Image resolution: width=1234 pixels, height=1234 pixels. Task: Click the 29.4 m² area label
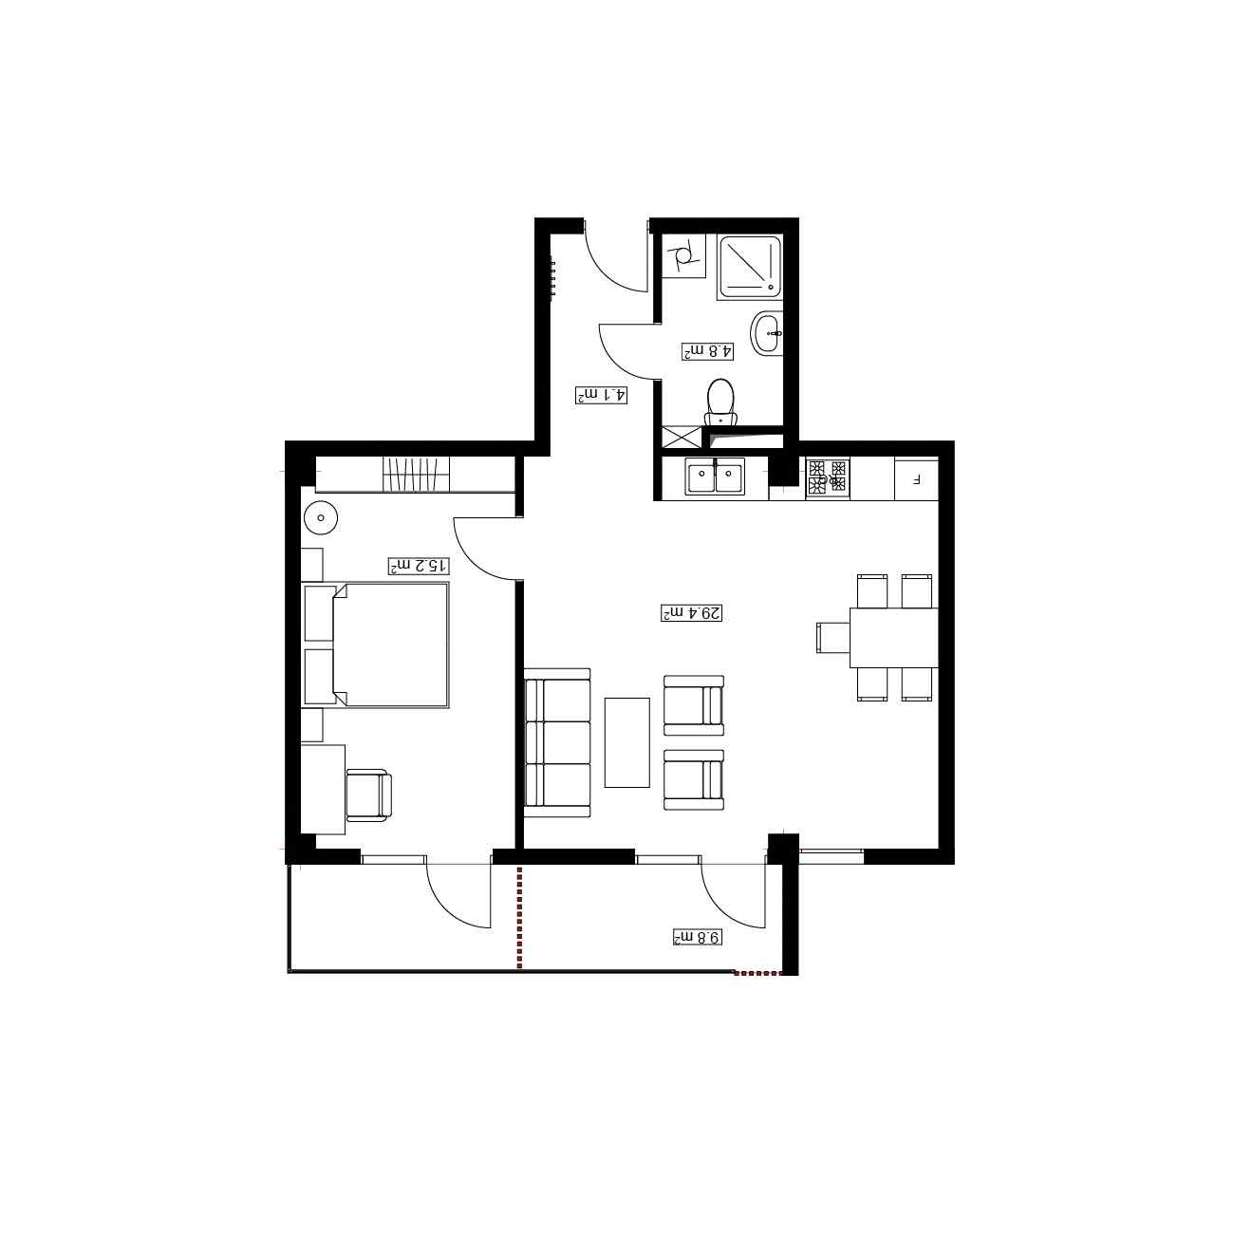(692, 613)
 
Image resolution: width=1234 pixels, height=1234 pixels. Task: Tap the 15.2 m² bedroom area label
(419, 566)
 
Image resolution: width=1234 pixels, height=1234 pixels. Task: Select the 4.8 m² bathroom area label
(707, 351)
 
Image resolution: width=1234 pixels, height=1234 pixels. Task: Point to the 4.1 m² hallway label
(601, 395)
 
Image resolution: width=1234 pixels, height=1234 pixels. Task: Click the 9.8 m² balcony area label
(698, 937)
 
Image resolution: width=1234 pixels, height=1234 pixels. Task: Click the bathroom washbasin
(766, 333)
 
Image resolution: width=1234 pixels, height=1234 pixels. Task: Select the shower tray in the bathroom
(750, 267)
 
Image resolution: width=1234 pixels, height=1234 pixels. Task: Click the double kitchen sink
(716, 477)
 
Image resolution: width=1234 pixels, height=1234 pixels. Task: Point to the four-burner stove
(828, 477)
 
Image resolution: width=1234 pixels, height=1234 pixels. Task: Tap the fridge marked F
(916, 479)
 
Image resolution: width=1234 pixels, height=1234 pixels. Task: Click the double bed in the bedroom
(375, 645)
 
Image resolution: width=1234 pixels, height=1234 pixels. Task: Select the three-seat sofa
(556, 743)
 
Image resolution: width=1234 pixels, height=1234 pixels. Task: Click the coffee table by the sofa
(626, 743)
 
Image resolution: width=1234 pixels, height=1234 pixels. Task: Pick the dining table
(893, 638)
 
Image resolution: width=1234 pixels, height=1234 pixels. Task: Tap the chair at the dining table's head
(833, 638)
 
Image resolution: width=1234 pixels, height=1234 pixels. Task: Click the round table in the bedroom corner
(320, 516)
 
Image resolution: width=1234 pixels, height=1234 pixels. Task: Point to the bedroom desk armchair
(368, 795)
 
